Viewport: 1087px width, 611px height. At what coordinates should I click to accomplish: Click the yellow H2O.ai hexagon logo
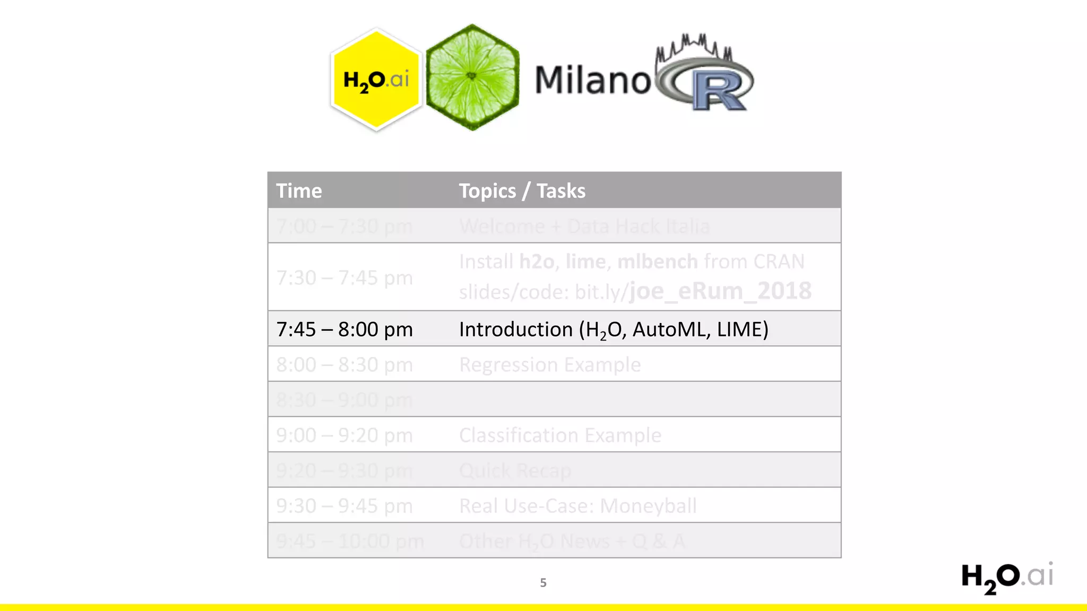point(376,80)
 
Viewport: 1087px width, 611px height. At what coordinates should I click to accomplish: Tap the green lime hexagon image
point(472,77)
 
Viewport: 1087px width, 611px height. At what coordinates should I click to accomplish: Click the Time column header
point(299,191)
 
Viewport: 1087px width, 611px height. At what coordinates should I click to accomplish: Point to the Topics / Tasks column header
point(522,191)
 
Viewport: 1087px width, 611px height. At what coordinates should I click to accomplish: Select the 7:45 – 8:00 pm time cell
point(344,329)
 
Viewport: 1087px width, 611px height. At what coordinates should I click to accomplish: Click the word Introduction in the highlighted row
point(515,329)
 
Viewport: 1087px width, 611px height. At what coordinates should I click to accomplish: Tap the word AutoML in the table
point(671,329)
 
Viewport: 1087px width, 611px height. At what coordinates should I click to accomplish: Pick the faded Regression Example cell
point(550,365)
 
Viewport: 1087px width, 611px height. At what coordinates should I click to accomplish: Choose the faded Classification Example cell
point(560,435)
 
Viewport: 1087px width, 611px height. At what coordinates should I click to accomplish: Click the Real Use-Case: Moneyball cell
point(577,506)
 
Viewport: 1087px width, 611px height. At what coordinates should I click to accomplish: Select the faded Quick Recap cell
point(515,470)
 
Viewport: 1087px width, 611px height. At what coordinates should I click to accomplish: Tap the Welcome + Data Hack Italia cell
point(584,226)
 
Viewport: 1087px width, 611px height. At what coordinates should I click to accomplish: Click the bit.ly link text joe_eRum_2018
point(720,291)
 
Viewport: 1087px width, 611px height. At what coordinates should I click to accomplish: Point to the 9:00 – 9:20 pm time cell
point(344,435)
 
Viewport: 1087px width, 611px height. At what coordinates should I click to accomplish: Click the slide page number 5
point(543,583)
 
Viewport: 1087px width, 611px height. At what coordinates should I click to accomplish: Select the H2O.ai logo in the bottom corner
point(1007,578)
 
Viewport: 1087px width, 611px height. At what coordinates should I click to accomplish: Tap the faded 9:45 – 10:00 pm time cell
point(350,542)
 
